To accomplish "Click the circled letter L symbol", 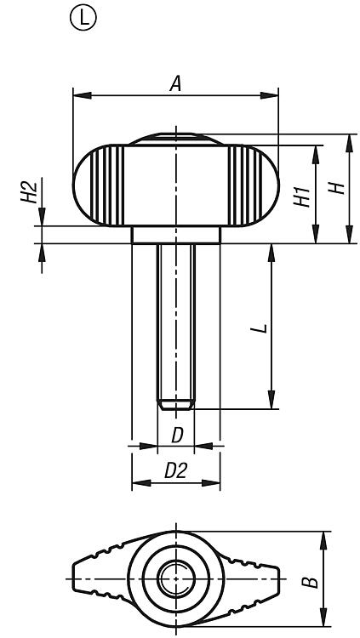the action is tap(83, 19).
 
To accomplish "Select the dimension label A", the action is tap(175, 84).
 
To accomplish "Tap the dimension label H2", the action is tap(29, 193).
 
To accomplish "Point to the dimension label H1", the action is tap(302, 197).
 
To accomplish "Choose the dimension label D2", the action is tap(175, 470).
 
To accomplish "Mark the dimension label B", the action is tap(311, 581).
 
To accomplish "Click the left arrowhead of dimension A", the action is tap(82, 95).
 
